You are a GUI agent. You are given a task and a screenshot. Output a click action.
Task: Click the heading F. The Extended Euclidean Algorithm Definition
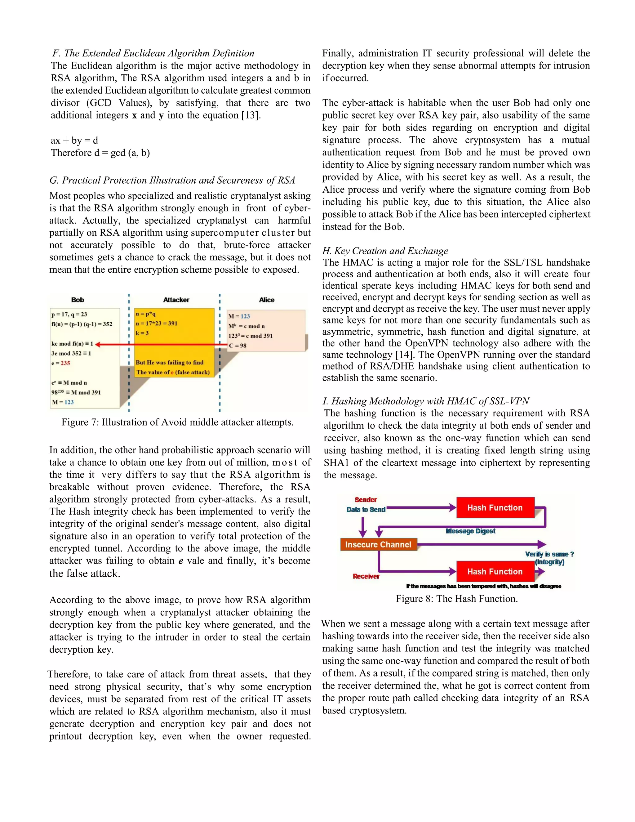153,53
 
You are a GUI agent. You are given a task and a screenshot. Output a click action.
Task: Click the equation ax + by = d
74,141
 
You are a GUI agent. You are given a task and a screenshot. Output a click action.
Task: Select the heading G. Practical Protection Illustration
172,180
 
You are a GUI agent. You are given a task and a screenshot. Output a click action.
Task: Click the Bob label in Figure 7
78,300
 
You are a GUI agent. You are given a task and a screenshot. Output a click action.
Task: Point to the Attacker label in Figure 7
176,300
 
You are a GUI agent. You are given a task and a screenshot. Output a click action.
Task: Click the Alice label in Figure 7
266,300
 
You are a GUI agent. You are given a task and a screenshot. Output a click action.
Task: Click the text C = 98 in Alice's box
238,345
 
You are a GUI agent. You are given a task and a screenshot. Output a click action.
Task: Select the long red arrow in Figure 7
162,344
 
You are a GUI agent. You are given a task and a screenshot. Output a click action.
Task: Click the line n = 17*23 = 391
157,323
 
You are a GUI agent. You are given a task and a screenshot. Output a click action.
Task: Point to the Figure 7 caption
178,422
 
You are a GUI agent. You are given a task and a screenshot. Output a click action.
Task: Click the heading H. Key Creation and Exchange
385,251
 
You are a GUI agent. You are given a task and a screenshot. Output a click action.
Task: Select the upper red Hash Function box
495,508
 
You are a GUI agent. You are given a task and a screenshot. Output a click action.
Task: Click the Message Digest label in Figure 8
471,531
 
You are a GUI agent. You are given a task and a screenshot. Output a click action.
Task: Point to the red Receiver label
366,576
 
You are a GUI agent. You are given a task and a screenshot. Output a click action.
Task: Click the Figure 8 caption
457,599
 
